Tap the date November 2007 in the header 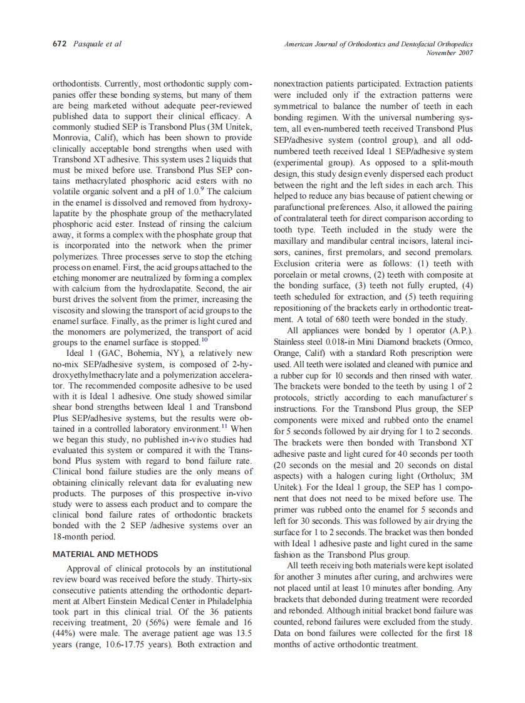tap(449, 53)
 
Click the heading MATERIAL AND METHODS tap(105, 554)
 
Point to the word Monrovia tap(73, 138)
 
